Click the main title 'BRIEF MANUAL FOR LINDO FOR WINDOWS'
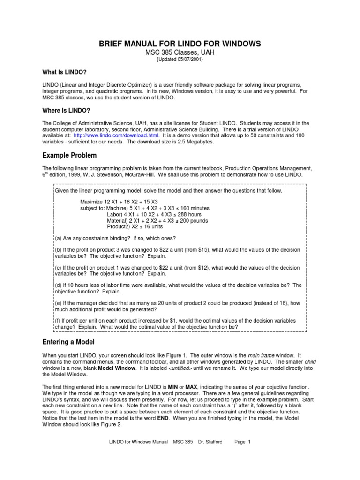pos(180,44)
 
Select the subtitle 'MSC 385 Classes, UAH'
pos(180,52)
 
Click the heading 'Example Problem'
pos(70,155)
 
